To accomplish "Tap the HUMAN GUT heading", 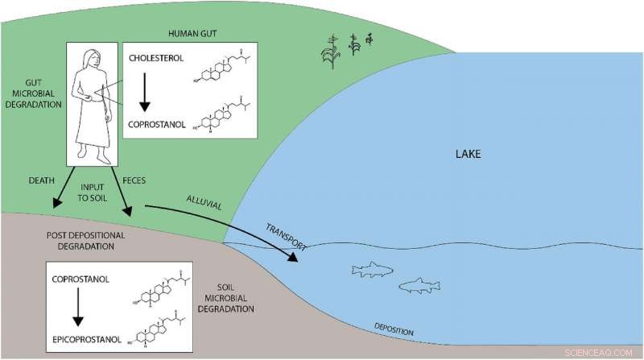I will pyautogui.click(x=196, y=32).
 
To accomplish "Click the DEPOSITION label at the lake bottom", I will pyautogui.click(x=394, y=329).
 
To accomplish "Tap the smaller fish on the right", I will pyautogui.click(x=422, y=284).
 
